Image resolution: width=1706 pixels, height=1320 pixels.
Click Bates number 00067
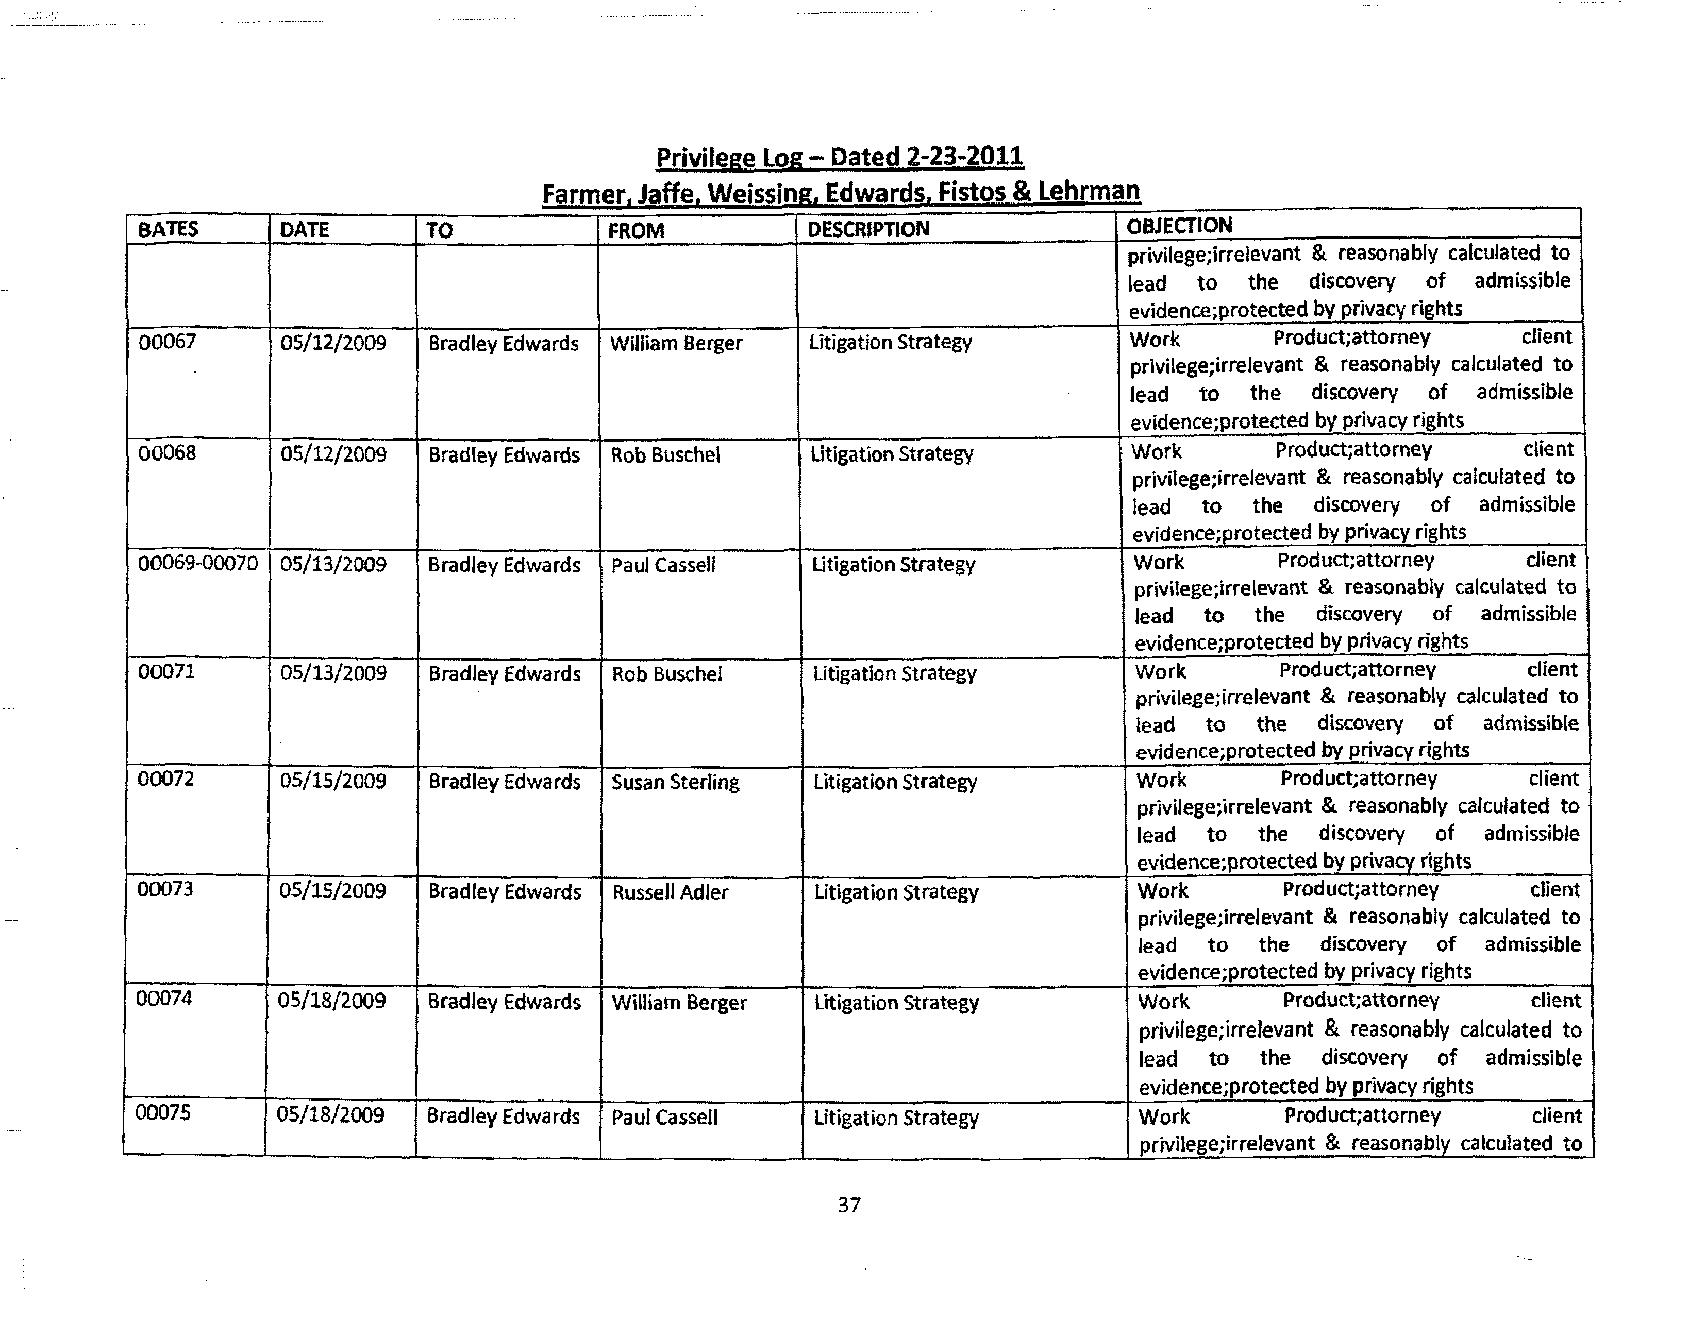click(166, 341)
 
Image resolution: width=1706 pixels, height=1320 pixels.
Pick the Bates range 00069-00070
click(197, 563)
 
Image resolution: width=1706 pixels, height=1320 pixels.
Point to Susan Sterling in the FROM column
click(675, 782)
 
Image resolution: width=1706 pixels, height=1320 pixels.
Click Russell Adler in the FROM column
click(670, 892)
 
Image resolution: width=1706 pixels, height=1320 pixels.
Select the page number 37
click(848, 1205)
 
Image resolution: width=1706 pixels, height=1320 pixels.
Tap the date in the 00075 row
click(330, 1114)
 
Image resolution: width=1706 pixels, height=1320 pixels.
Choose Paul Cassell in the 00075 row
click(664, 1117)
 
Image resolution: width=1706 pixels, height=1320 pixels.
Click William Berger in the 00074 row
click(679, 1002)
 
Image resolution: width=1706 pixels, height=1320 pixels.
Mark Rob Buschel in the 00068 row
click(665, 454)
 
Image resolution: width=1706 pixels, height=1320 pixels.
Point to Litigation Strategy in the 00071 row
click(894, 673)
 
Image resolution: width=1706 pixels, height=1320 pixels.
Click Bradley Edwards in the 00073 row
click(505, 892)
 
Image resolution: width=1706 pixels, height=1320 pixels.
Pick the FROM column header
click(636, 230)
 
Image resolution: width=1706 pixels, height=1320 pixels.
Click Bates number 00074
click(163, 998)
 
